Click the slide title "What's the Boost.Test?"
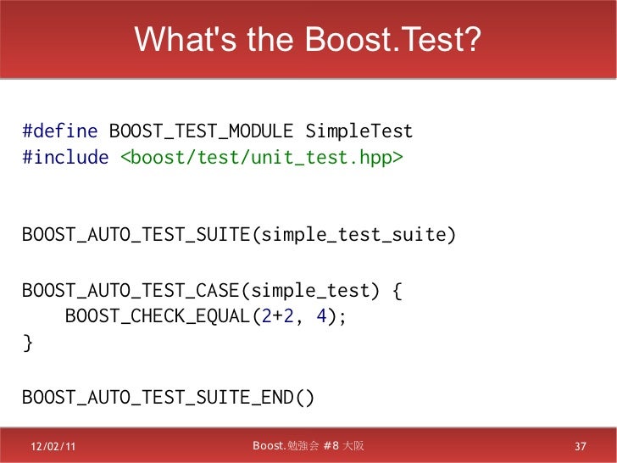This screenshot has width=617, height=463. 308,39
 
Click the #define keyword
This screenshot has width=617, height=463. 60,132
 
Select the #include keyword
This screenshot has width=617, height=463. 64,159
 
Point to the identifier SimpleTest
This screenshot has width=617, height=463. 359,132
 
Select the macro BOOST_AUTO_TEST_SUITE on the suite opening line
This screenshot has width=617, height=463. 136,235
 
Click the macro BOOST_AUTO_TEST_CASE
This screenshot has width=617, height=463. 131,292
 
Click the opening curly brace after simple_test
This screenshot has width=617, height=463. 397,292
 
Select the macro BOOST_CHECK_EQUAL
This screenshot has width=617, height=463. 158,318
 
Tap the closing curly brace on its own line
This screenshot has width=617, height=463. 27,343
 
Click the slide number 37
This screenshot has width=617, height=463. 581,447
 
